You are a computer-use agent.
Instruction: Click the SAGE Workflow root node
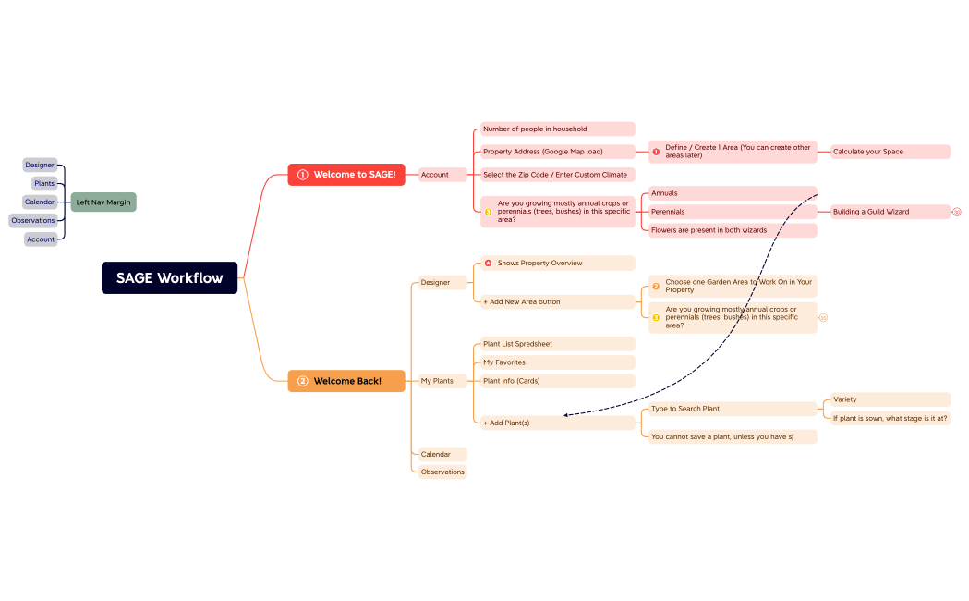pos(169,277)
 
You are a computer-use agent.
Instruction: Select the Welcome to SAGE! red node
pos(346,175)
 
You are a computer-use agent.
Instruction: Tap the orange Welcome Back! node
pos(346,381)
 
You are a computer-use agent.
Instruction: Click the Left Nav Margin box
pos(103,202)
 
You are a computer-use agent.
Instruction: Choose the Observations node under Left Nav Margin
pos(33,220)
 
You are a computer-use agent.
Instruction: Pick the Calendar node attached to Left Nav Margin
pos(40,202)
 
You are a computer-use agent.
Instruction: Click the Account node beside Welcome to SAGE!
pos(435,175)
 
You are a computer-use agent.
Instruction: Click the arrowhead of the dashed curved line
pos(566,415)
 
